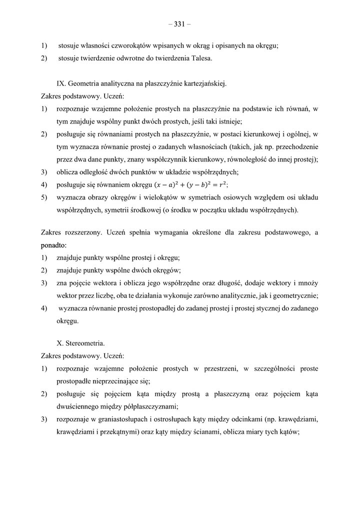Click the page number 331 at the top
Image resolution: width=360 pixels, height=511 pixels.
click(179, 23)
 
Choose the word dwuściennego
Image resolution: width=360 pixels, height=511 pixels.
click(79, 406)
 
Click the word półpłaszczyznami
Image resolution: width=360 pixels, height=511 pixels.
click(150, 406)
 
